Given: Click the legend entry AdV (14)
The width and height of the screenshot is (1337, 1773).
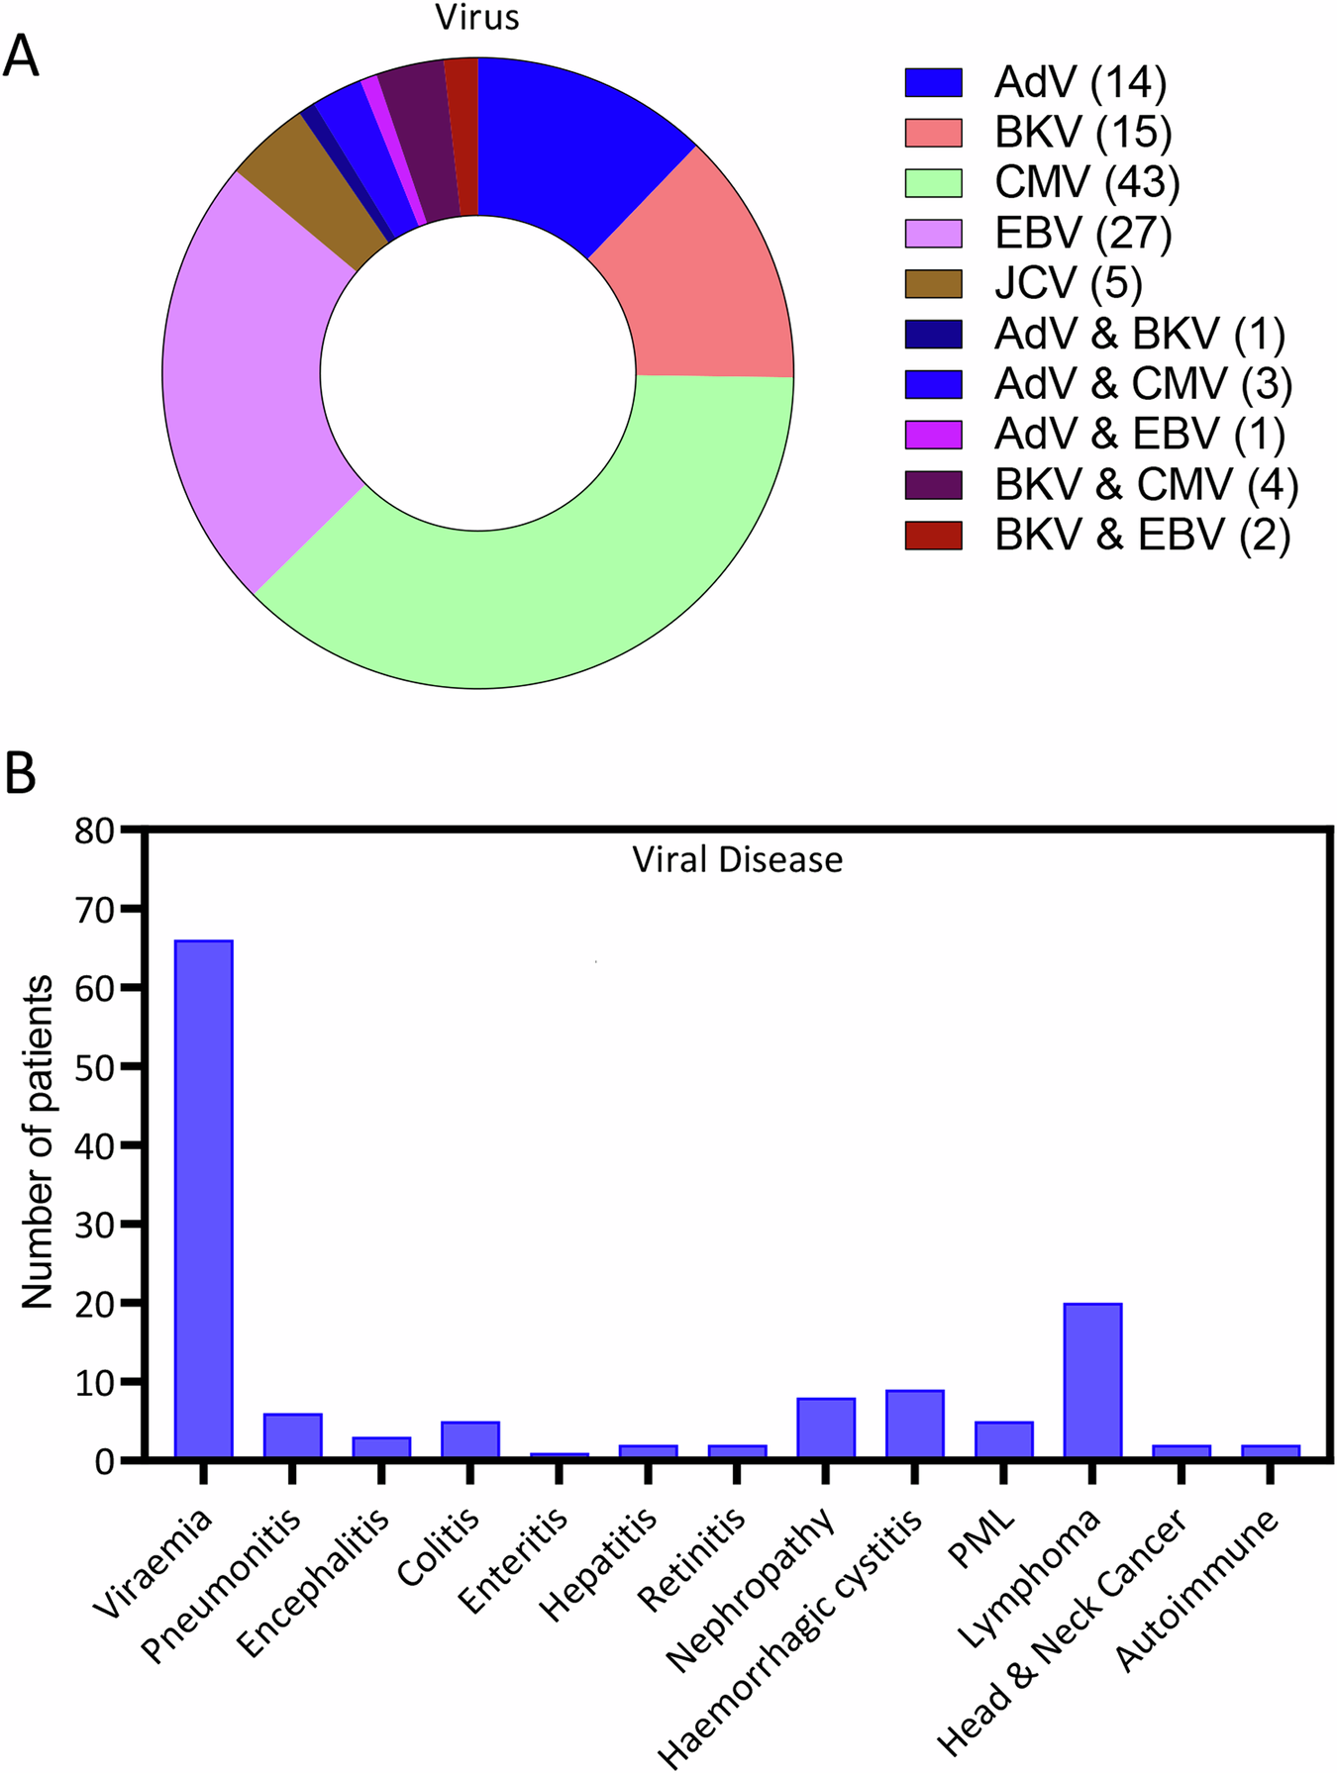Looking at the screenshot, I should coord(1080,82).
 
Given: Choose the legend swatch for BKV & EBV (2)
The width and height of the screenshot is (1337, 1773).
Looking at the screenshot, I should coord(933,536).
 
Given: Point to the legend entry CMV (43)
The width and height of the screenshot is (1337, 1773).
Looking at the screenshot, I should coord(1086,183).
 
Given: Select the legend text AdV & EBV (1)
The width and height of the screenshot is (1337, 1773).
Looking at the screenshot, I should coord(1139,435).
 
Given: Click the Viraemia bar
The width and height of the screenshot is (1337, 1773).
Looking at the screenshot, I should coord(203,1198).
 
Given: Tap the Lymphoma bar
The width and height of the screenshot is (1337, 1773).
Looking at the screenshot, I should coord(1092,1380).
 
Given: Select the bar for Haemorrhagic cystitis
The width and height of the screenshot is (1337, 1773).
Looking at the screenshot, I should coord(914,1424).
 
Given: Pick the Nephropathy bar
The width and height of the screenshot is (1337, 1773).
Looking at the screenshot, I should coord(825,1428).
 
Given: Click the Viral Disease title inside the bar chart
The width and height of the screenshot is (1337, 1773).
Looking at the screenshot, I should coord(738,859).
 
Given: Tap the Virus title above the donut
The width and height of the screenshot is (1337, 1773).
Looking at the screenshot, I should coord(477,17).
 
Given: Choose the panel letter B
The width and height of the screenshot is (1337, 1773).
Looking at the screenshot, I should coord(22,773).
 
